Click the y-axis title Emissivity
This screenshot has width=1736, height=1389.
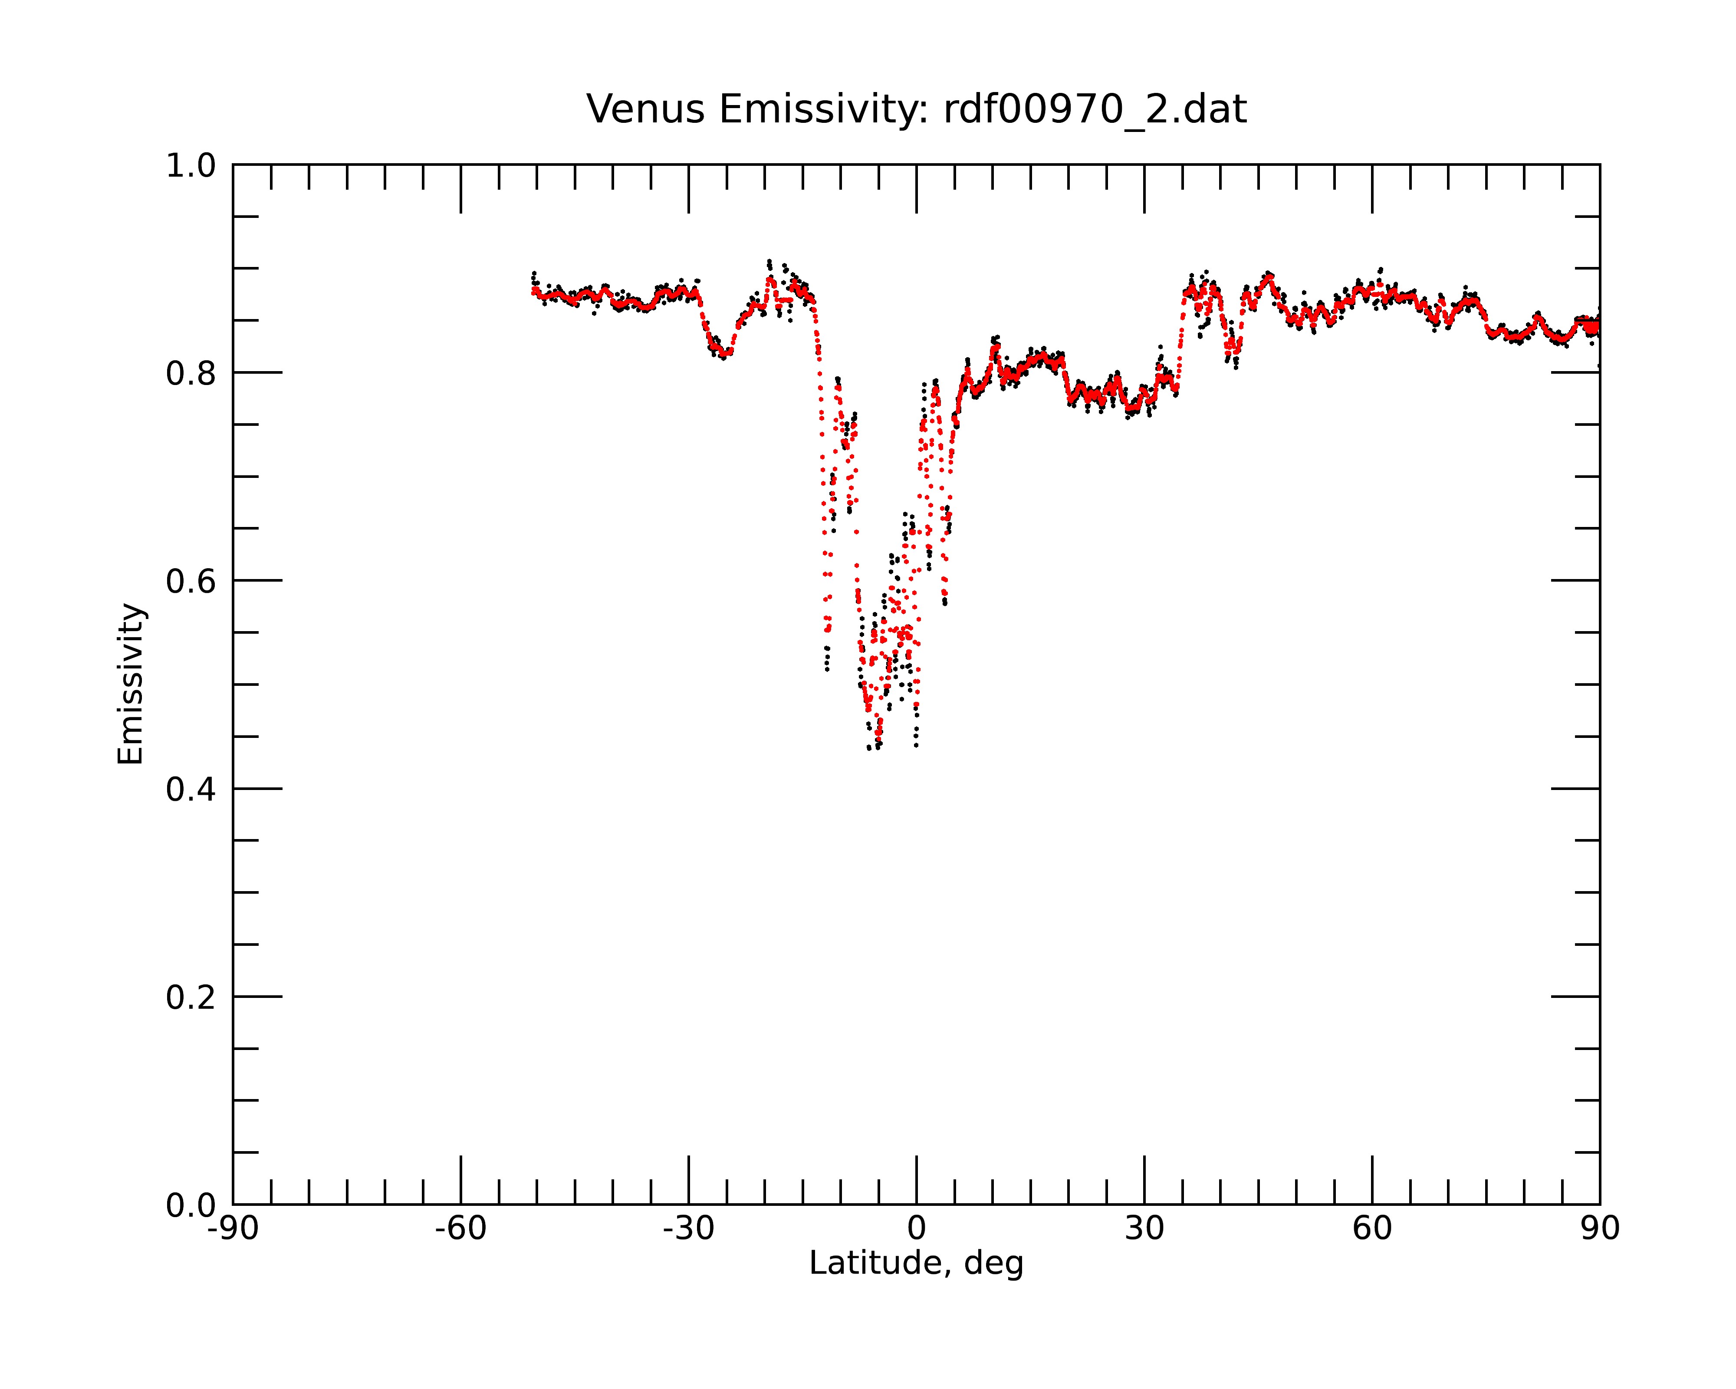131,684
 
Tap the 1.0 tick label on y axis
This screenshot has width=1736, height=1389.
191,166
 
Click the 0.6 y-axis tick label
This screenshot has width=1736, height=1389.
191,581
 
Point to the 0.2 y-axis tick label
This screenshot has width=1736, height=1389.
191,997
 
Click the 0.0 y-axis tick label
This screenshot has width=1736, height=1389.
191,1205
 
